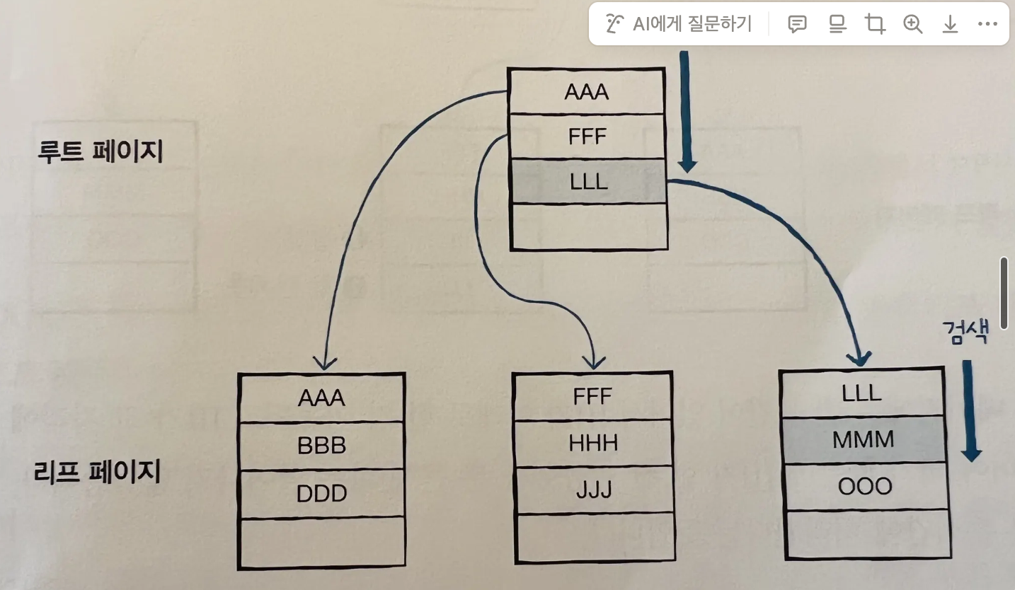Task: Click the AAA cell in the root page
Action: point(587,92)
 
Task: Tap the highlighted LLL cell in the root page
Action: point(589,182)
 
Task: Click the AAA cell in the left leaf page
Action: point(321,398)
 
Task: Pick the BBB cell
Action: point(321,446)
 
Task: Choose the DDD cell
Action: point(321,493)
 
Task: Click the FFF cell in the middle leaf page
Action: point(592,396)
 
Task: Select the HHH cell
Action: point(593,443)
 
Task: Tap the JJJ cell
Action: point(593,490)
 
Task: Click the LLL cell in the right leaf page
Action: point(862,393)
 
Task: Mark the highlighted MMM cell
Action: point(863,439)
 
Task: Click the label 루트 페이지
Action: point(101,152)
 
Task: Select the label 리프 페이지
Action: point(98,471)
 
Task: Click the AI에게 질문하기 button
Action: point(679,25)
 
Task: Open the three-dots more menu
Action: point(987,25)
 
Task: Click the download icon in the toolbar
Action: point(950,25)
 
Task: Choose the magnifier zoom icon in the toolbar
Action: point(913,25)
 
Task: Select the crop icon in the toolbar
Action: point(876,25)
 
